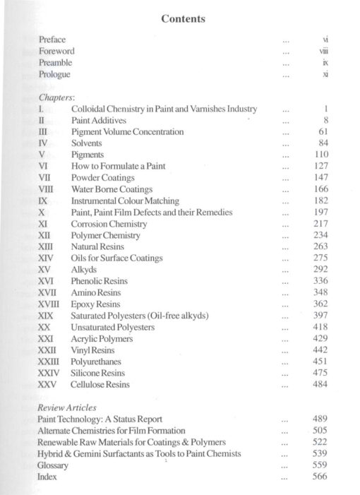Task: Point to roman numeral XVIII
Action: (50, 304)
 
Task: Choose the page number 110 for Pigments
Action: (321, 155)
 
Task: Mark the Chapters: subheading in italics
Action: (56, 97)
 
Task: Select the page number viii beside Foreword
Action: (325, 52)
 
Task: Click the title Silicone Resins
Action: (98, 373)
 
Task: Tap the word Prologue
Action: (54, 74)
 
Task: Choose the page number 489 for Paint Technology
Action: (321, 419)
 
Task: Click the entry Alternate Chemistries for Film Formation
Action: (112, 431)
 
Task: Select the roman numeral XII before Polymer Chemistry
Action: (45, 235)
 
